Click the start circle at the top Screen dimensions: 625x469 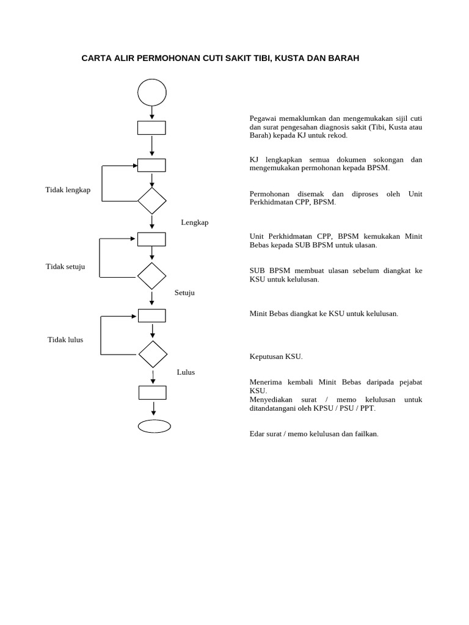coord(152,93)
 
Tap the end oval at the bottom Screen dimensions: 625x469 coord(154,426)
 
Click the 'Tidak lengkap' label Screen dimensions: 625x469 coord(68,190)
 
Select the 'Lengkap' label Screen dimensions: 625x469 coord(195,222)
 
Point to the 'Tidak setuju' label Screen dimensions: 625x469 coord(65,267)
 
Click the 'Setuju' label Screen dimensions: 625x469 coord(184,292)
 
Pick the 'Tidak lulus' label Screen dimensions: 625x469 coord(65,339)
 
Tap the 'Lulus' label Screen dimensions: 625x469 coord(186,372)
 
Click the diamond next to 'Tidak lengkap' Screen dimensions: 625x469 coord(152,201)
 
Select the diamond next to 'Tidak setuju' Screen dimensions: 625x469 coord(152,276)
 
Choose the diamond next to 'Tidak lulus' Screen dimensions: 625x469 coord(153,354)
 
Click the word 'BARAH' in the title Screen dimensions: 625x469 coord(344,59)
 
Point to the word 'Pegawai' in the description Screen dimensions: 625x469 coord(264,118)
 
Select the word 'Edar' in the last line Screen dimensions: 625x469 coord(257,434)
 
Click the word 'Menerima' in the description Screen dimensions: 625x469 coord(267,382)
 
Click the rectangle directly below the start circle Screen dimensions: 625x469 coord(151,128)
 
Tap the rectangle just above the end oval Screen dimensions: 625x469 coord(152,392)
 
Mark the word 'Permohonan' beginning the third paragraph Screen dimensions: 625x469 coord(271,194)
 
